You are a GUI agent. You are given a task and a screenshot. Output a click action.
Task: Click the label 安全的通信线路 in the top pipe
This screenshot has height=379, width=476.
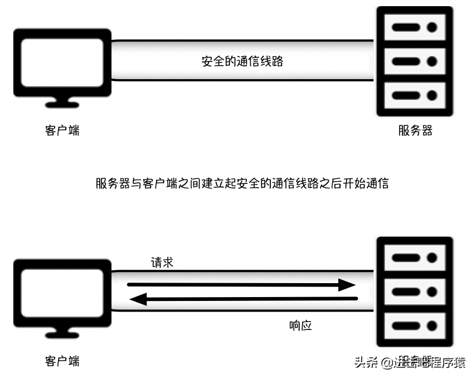242,61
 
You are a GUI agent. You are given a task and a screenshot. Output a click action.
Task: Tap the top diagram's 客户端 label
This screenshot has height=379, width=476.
62,131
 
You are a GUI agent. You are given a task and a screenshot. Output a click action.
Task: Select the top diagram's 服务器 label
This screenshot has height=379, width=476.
415,131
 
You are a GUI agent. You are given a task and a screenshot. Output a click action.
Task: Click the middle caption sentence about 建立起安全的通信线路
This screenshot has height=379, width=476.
242,183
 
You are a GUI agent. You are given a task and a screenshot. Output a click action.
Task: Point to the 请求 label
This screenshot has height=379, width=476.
162,263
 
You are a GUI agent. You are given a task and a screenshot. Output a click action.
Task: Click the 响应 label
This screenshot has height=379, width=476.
300,325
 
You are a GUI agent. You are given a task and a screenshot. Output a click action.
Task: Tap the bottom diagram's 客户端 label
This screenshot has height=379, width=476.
62,361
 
